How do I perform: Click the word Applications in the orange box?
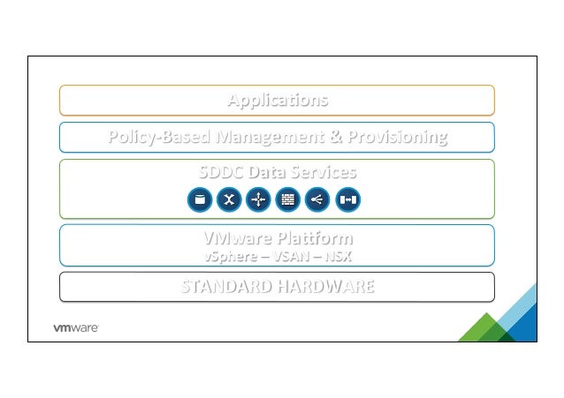[277, 100]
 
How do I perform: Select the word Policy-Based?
[146, 138]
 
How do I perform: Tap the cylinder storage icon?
[200, 200]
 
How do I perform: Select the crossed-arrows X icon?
[229, 200]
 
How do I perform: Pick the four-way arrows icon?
[258, 200]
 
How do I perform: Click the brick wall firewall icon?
[287, 200]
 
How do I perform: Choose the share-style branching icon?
[316, 200]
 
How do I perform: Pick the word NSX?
[337, 256]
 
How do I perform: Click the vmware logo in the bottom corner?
[75, 327]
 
